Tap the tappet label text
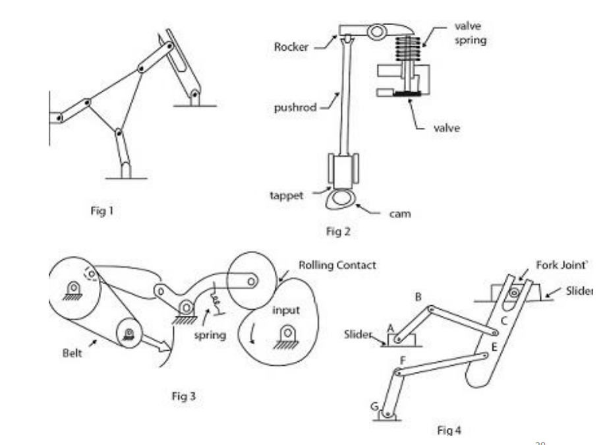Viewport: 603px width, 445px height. click(x=286, y=195)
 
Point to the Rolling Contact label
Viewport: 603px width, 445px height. click(x=337, y=265)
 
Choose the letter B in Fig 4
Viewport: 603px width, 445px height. click(x=418, y=296)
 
